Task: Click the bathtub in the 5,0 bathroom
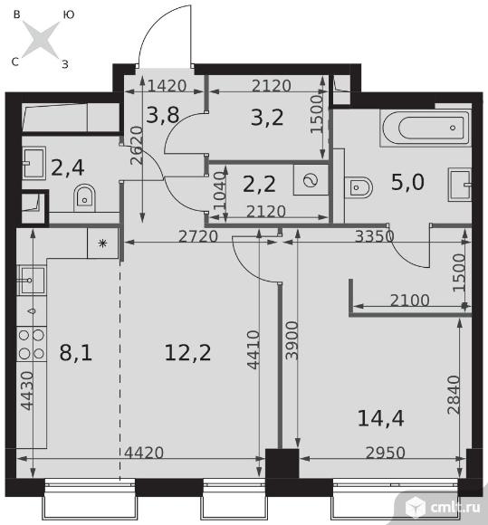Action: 426,128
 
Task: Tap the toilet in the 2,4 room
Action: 85,197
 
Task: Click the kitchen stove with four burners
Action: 32,344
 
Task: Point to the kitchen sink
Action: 32,279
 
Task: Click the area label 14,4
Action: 381,418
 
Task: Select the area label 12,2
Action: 188,353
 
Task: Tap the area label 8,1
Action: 76,353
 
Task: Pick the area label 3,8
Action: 163,115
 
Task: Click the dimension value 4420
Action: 144,453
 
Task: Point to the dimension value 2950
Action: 386,453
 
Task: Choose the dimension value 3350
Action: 374,236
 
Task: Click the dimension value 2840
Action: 455,395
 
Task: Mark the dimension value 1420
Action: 167,86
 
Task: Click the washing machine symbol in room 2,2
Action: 311,180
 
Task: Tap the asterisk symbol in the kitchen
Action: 103,243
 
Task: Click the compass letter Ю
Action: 68,14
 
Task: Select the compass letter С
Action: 15,62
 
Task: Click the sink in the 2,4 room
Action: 34,163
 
